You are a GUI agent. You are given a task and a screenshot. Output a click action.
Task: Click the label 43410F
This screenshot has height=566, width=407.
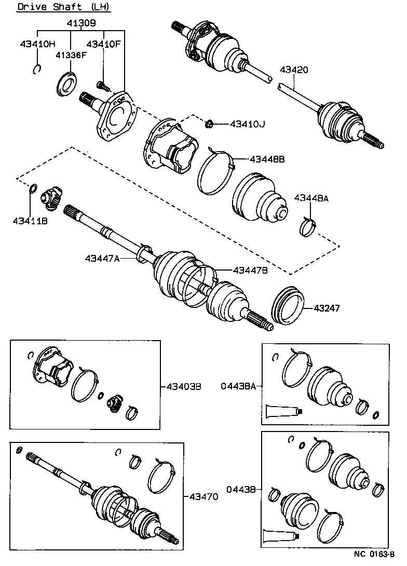103,44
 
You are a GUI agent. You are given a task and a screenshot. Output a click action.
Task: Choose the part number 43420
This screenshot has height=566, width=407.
294,70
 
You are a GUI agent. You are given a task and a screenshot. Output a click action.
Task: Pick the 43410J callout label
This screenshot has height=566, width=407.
247,124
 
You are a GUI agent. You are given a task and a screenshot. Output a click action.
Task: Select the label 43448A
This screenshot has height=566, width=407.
311,197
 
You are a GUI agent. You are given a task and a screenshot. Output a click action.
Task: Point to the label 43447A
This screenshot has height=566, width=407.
103,258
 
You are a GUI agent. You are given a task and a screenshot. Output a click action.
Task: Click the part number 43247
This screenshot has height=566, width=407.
327,308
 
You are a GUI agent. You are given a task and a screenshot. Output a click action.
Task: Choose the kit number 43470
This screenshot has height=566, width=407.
200,497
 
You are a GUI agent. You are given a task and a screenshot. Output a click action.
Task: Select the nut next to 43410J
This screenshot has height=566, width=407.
210,124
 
